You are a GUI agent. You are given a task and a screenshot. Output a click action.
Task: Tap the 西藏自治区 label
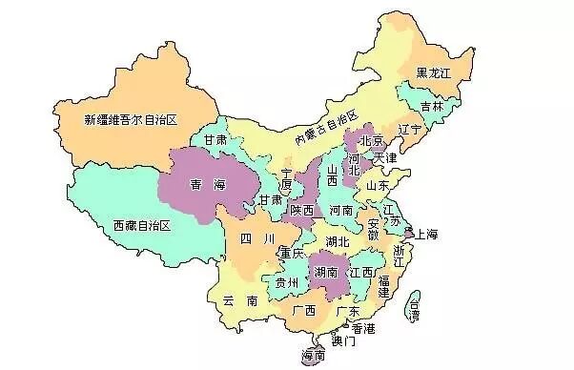tap(140, 225)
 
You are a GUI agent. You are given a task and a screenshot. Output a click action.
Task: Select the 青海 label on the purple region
tap(209, 183)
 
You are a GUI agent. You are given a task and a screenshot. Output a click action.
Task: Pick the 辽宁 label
tap(410, 127)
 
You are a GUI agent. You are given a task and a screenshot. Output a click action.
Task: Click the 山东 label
tap(377, 185)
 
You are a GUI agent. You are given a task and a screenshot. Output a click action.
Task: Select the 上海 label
tap(426, 234)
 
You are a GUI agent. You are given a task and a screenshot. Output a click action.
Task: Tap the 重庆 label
tap(291, 253)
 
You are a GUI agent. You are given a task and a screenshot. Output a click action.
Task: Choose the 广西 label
tap(304, 310)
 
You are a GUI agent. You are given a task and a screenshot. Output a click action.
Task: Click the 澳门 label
tap(342, 339)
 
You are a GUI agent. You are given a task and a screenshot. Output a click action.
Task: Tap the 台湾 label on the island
tap(413, 306)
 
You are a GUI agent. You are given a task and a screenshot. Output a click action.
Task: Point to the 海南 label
tap(313, 356)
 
